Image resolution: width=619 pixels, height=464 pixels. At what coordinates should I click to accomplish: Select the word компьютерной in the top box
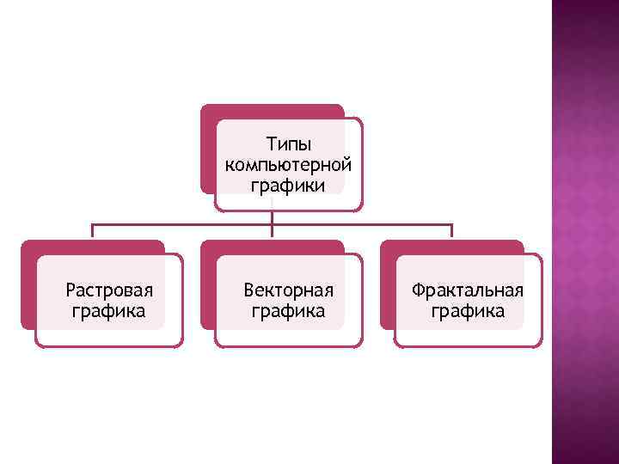[288, 163]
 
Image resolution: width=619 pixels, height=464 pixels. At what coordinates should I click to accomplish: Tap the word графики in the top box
[288, 185]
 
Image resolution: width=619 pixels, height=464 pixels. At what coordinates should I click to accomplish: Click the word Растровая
[109, 290]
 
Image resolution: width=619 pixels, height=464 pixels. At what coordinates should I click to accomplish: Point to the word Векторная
[288, 290]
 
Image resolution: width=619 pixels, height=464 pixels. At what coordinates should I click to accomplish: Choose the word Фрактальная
[468, 290]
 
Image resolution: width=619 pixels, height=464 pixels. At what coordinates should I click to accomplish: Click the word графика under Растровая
[108, 310]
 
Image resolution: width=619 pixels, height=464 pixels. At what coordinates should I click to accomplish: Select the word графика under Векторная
[288, 310]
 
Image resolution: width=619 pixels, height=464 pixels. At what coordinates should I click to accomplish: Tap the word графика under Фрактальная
[468, 310]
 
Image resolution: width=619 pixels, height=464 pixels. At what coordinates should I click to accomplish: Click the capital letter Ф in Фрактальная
[418, 290]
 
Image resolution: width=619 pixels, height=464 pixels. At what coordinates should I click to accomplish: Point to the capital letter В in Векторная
[248, 290]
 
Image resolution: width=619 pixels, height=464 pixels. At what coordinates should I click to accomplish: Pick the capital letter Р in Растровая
[70, 290]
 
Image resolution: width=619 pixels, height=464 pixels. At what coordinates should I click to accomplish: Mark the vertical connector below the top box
[272, 217]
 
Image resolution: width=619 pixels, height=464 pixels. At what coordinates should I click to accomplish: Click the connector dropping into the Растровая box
[93, 231]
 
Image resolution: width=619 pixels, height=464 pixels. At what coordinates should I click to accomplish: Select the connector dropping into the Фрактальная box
[451, 231]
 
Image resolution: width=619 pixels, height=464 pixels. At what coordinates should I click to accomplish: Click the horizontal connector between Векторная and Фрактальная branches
[361, 225]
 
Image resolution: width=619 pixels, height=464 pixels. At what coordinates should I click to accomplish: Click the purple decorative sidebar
[585, 232]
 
